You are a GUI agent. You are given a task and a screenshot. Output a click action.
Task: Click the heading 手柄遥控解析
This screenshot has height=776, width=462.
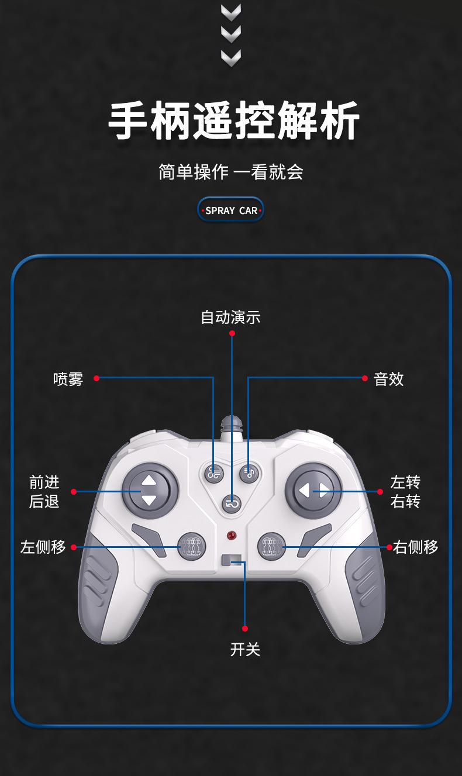(233, 122)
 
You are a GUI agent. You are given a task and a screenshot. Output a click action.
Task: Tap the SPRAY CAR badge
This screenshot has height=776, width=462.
(231, 210)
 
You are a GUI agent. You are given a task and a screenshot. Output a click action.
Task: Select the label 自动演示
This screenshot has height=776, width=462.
(230, 318)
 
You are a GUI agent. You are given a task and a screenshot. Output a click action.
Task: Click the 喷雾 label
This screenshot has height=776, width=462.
(68, 379)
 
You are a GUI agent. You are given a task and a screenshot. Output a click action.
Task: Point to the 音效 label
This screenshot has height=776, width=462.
(389, 379)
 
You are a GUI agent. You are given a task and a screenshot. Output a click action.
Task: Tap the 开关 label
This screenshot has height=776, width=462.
(245, 649)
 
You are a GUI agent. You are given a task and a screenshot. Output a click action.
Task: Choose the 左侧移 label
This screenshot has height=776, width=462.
(43, 547)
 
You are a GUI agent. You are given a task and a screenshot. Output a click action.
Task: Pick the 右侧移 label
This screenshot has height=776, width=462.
(416, 547)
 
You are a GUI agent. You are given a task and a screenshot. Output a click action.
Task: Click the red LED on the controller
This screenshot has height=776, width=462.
(232, 535)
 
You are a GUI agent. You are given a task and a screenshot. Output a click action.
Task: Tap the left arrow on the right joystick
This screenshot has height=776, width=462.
(304, 490)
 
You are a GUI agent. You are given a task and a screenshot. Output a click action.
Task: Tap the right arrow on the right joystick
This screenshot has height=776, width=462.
(323, 490)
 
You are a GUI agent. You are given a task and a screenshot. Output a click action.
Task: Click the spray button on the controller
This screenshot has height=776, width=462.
(214, 473)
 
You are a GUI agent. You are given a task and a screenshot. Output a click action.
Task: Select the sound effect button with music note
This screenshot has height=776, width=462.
(249, 473)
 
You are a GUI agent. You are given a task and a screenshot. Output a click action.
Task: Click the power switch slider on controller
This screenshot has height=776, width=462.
(232, 560)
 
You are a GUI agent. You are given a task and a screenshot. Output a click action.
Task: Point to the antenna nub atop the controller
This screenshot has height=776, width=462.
(232, 425)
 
